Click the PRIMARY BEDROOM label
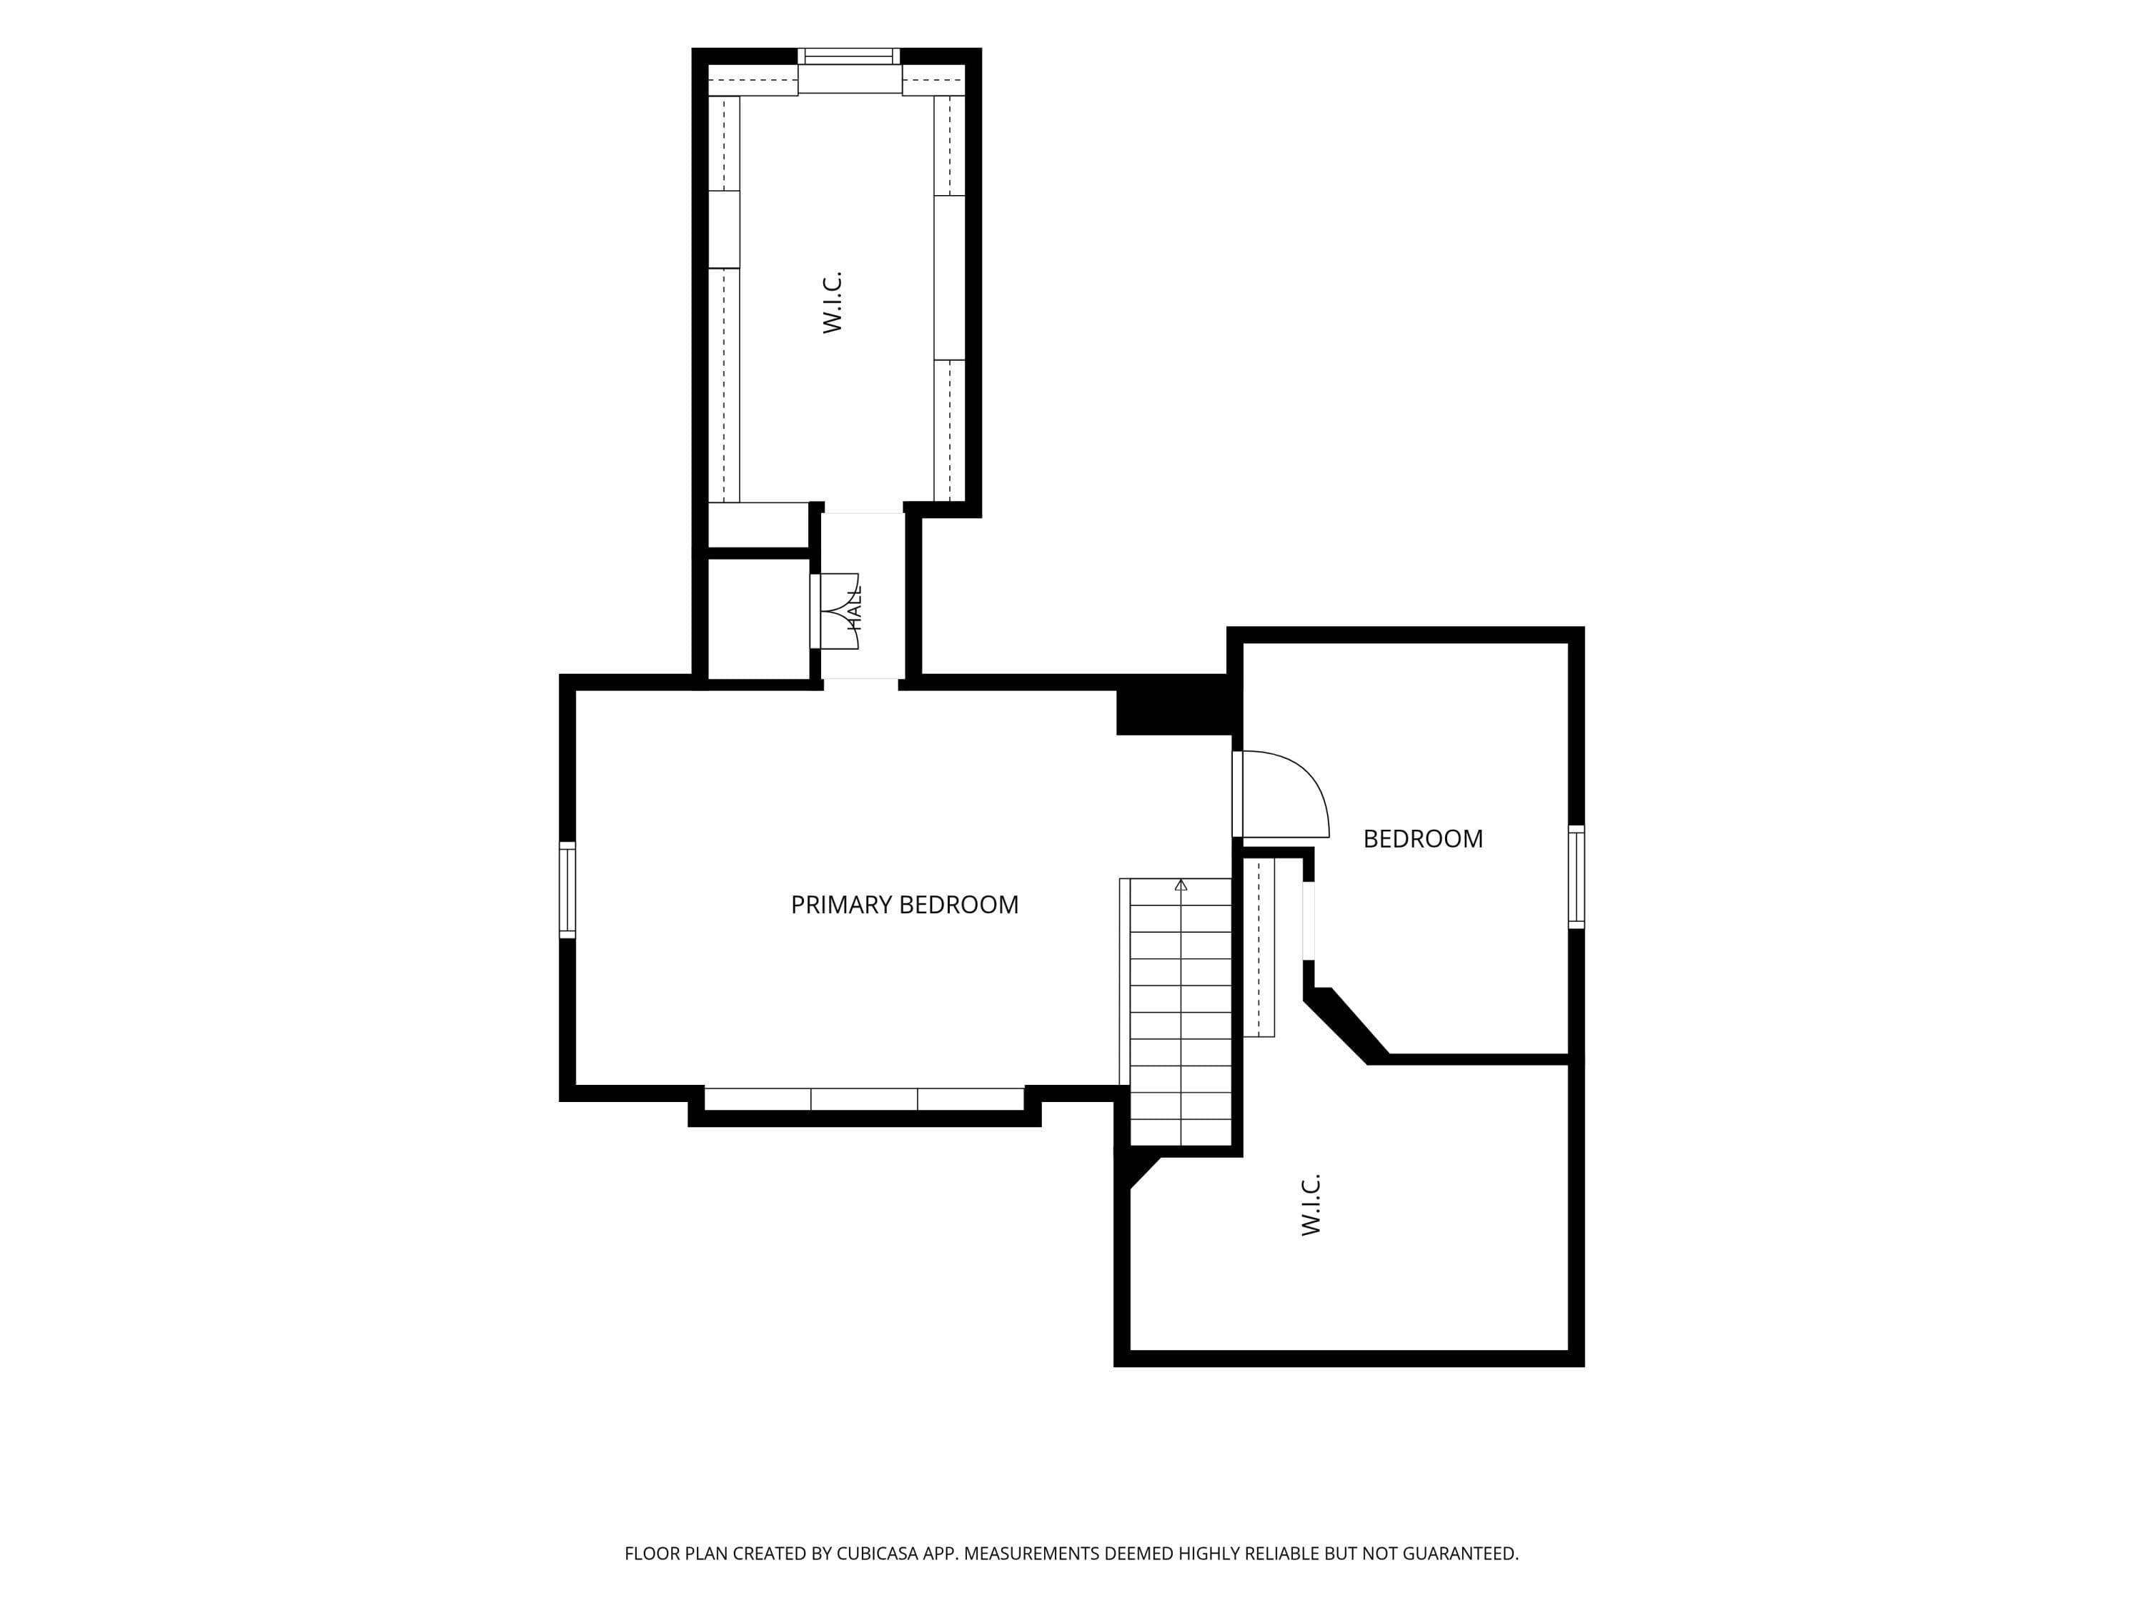coord(904,904)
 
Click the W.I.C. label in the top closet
coord(833,302)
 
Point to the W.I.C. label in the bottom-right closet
coord(1311,1205)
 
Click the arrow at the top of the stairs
coord(1181,885)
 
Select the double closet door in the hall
coord(835,610)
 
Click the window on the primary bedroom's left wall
coord(567,890)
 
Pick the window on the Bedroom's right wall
coord(1576,877)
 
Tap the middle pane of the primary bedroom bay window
coord(863,1098)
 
